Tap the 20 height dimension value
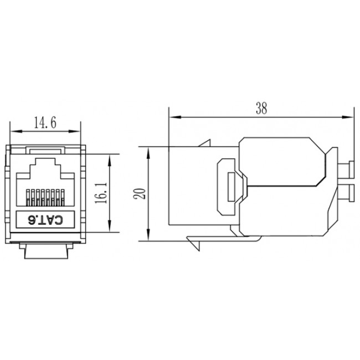pyautogui.click(x=140, y=193)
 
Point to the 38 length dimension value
pyautogui.click(x=261, y=109)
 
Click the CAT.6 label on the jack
pyautogui.click(x=45, y=220)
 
